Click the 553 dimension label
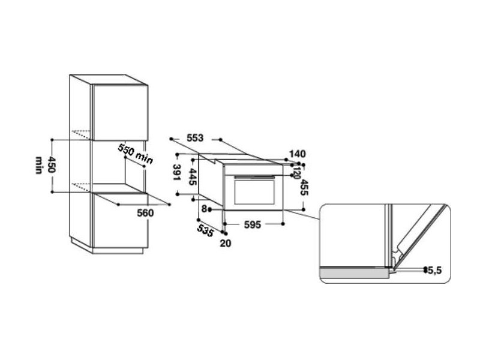click(x=195, y=138)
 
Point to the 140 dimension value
click(x=297, y=154)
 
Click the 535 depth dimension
click(x=205, y=230)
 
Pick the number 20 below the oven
click(x=225, y=242)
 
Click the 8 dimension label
click(x=205, y=209)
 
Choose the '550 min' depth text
click(x=135, y=154)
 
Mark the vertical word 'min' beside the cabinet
click(x=38, y=166)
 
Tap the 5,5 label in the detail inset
click(x=434, y=271)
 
